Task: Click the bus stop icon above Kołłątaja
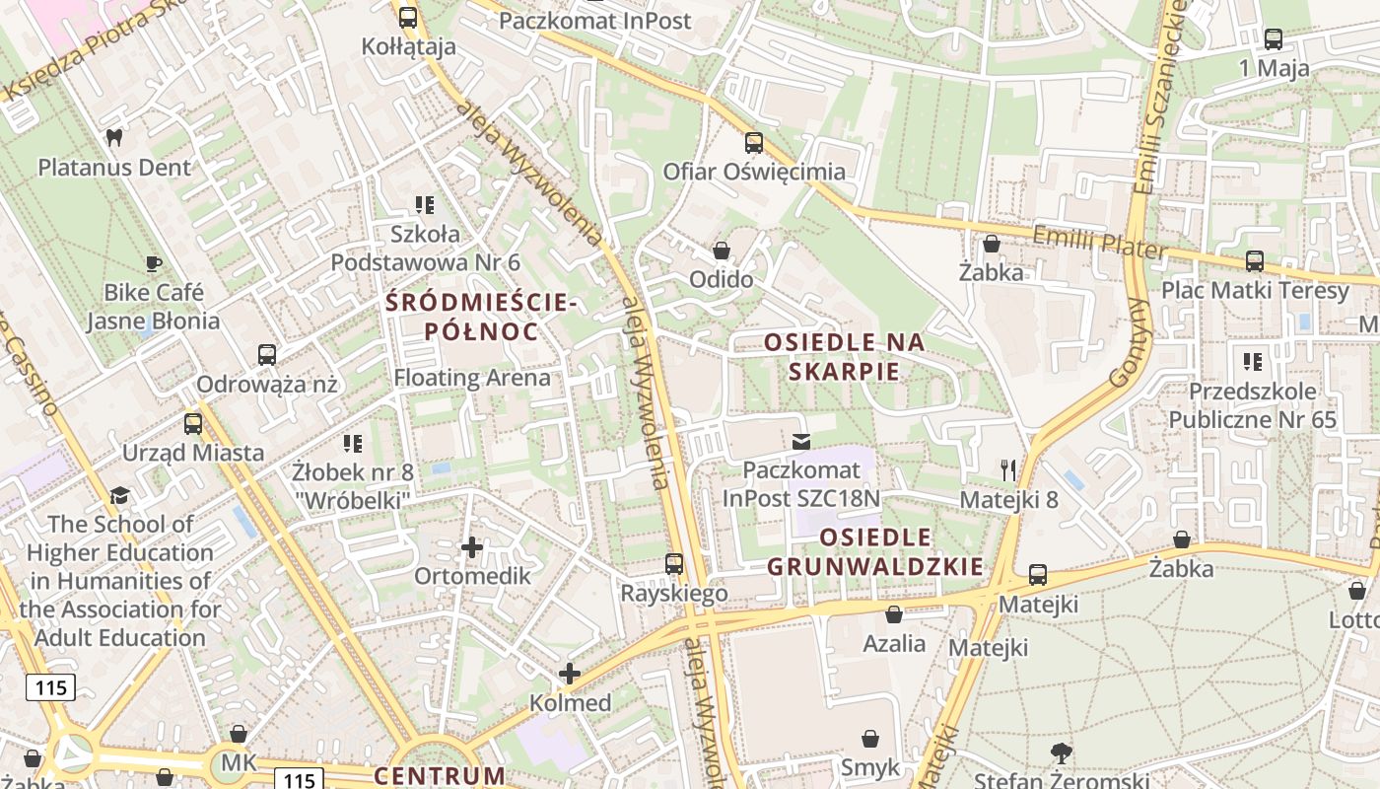tap(408, 17)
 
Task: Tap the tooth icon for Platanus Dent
tap(113, 138)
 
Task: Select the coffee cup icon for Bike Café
tap(153, 263)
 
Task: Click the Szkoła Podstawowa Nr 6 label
tap(425, 249)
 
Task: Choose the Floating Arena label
tap(472, 378)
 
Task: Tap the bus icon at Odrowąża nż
tap(266, 355)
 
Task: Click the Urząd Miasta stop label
tap(193, 453)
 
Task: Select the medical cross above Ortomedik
tap(472, 546)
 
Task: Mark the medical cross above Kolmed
tap(570, 674)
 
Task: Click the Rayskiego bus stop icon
tap(674, 564)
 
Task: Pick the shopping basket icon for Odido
tap(722, 251)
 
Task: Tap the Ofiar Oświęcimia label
tap(754, 172)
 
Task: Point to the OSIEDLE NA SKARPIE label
tap(846, 357)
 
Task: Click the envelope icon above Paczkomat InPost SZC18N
tap(801, 441)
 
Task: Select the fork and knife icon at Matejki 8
tap(1007, 469)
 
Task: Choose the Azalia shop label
tap(894, 644)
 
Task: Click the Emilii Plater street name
tap(1099, 243)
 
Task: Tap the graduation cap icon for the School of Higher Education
tap(119, 495)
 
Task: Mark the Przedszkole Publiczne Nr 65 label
tap(1252, 405)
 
